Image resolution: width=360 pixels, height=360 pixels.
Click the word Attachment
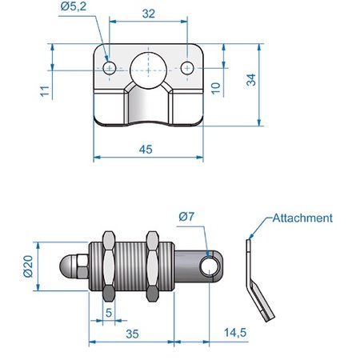click(x=302, y=217)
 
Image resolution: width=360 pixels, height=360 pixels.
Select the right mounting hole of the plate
click(x=186, y=68)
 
